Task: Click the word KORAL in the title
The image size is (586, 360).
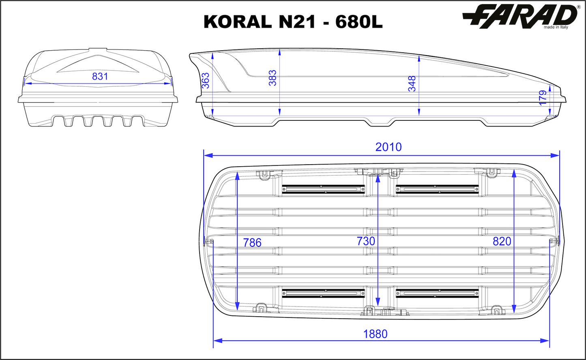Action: (237, 22)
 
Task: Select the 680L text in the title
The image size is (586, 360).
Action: (359, 22)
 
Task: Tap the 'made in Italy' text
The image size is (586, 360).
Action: (556, 28)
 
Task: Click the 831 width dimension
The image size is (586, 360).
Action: (100, 76)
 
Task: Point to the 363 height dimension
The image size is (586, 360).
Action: (206, 80)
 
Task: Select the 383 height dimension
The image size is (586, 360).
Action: (273, 78)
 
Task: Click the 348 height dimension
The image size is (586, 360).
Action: (412, 84)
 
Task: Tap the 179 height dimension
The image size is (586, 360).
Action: (543, 98)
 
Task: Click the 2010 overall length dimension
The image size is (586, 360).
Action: (388, 147)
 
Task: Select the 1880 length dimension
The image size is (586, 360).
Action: (375, 334)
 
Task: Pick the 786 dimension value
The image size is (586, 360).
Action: (252, 242)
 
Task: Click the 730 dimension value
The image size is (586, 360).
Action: (366, 241)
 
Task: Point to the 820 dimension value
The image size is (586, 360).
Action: (502, 241)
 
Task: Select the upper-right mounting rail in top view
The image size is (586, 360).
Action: (437, 189)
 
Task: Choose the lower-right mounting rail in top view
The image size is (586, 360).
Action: (437, 293)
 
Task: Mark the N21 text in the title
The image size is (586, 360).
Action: (295, 22)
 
